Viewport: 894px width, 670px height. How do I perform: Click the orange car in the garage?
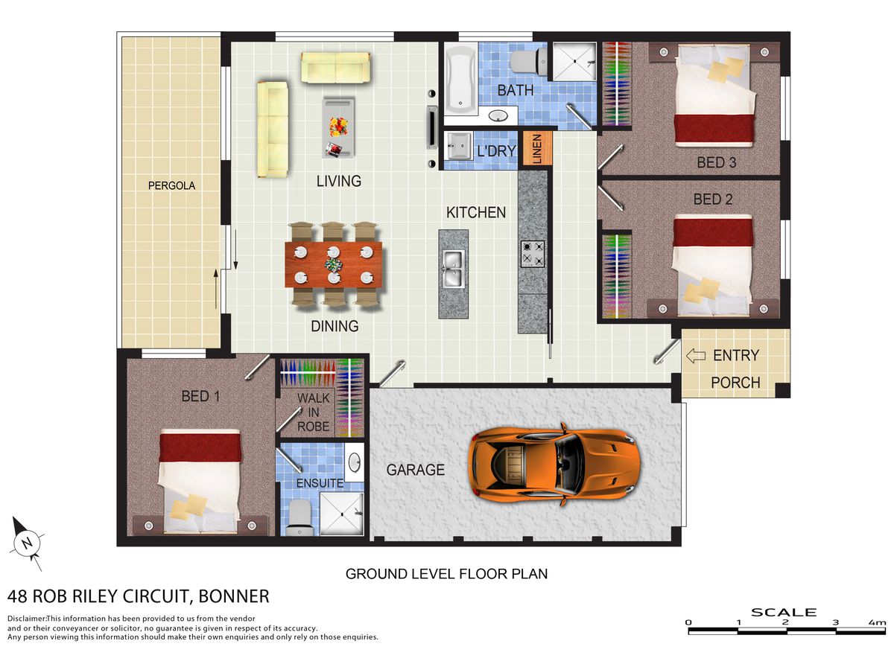click(553, 465)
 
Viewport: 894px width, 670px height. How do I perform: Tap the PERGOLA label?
click(171, 186)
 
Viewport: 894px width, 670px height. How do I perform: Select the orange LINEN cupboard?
click(537, 147)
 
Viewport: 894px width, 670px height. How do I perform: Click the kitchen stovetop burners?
click(533, 254)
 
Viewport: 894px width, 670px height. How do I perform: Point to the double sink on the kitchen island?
click(453, 269)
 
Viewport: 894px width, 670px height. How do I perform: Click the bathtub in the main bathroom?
click(460, 79)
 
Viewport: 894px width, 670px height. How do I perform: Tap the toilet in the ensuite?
click(299, 517)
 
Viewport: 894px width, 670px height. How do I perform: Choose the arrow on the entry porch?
click(696, 356)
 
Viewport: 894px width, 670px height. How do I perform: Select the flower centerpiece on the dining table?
click(334, 265)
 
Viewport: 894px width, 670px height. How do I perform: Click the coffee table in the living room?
click(338, 127)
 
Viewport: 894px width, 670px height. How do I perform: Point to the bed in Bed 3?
click(714, 95)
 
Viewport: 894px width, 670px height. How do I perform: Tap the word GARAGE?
click(416, 470)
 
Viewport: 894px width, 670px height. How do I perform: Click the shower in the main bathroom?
click(574, 62)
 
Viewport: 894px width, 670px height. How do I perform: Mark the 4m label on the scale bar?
click(877, 622)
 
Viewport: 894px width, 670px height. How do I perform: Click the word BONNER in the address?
click(234, 596)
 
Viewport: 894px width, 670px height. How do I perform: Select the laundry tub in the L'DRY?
click(458, 145)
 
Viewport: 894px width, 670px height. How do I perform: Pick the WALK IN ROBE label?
click(313, 412)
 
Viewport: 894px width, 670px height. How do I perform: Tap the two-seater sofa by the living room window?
click(335, 68)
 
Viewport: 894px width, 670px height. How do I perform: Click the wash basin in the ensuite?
click(355, 462)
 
